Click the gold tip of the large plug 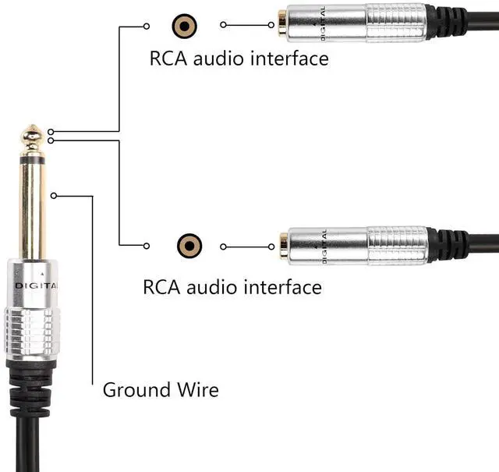(x=31, y=137)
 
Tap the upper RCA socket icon (x=184, y=26)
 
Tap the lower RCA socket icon (x=189, y=246)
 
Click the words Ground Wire (x=161, y=389)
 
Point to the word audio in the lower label (x=214, y=286)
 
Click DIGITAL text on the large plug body (x=33, y=286)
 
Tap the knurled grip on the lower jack (x=398, y=245)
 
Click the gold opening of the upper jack (x=281, y=24)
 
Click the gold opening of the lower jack (x=284, y=246)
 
